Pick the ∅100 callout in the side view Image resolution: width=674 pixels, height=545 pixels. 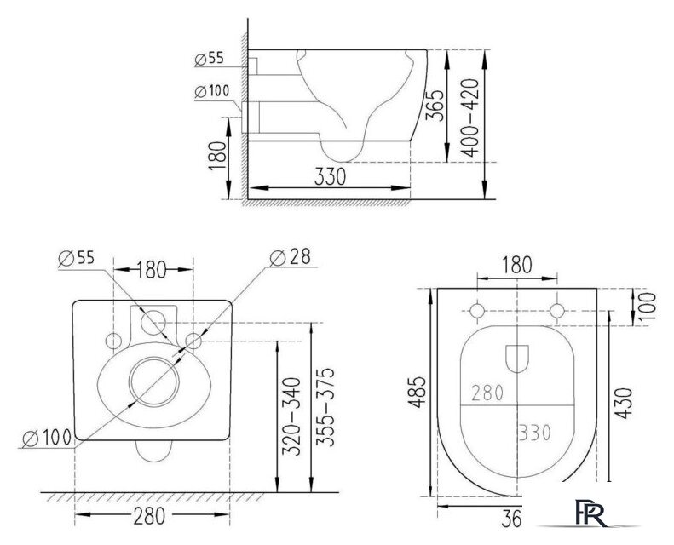tap(211, 92)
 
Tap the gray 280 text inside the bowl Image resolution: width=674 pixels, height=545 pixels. tap(487, 393)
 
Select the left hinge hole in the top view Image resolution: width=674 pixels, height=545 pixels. tap(477, 311)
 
